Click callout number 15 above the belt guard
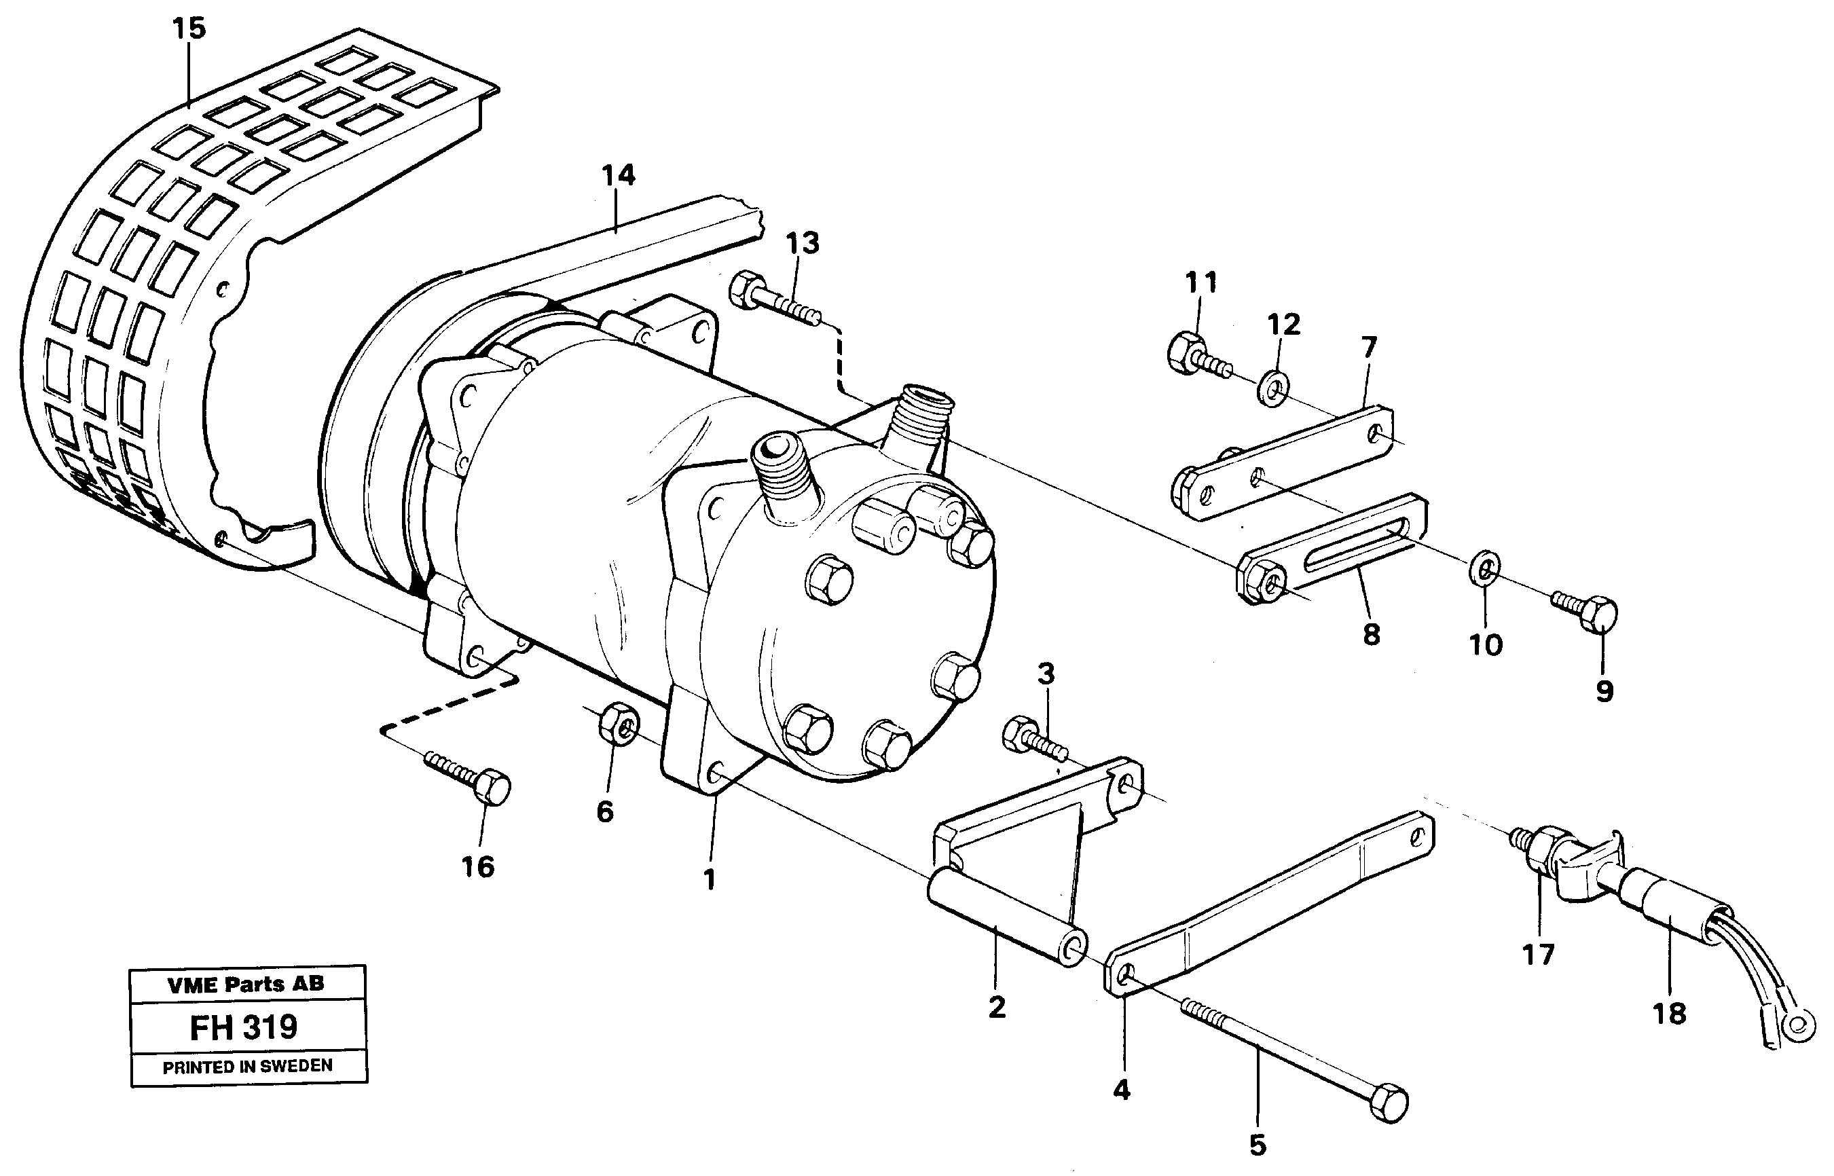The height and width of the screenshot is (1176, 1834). [x=189, y=29]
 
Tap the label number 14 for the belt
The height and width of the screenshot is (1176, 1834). [x=618, y=175]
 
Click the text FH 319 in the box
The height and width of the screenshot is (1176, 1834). [x=244, y=1027]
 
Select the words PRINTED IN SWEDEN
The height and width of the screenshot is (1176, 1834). [x=247, y=1066]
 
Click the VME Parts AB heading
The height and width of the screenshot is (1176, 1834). [x=246, y=985]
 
